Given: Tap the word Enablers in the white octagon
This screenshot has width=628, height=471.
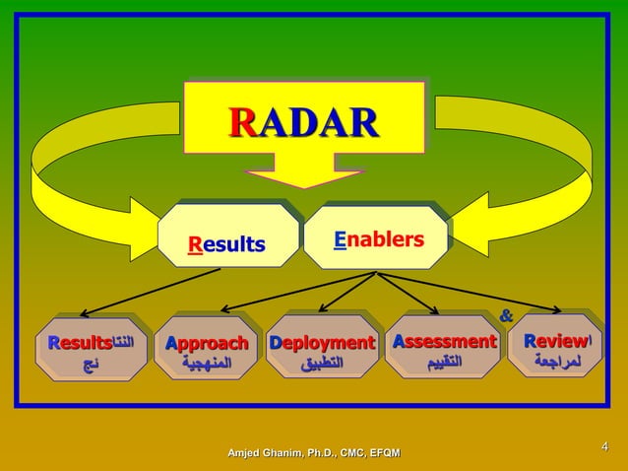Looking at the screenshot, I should coord(379,239).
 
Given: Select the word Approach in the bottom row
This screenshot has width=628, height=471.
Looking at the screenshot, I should coord(206,343).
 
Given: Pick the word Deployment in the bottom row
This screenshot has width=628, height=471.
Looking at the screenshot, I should coord(322,343).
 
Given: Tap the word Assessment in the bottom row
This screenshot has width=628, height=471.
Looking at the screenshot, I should coord(444,342).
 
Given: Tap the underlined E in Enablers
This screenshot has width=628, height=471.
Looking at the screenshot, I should coord(340,239).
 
